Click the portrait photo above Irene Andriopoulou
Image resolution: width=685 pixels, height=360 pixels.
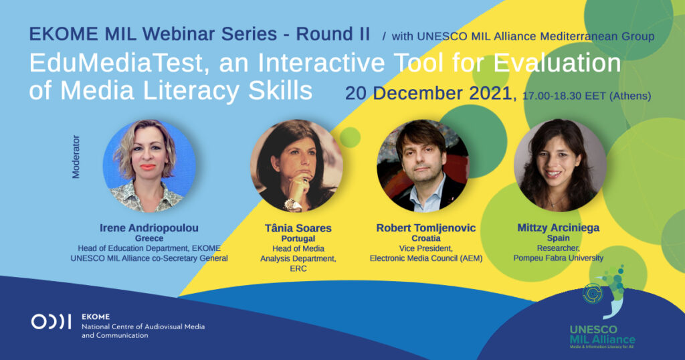pyautogui.click(x=149, y=166)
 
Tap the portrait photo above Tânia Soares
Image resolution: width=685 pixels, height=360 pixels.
pyautogui.click(x=296, y=166)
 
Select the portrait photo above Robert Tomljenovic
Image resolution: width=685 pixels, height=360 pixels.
pyautogui.click(x=423, y=165)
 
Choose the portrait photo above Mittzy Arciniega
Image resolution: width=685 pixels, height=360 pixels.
pyautogui.click(x=560, y=165)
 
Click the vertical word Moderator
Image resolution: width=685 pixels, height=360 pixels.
pyautogui.click(x=76, y=157)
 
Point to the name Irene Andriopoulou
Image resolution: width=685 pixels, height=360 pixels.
pyautogui.click(x=149, y=228)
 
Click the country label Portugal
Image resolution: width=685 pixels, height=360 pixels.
pyautogui.click(x=298, y=238)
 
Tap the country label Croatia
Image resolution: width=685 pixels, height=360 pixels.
pyautogui.click(x=426, y=238)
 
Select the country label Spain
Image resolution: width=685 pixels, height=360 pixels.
pyautogui.click(x=559, y=238)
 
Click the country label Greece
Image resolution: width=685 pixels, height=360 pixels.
pyautogui.click(x=149, y=238)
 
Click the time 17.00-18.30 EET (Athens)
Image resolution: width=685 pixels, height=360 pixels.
pyautogui.click(x=587, y=96)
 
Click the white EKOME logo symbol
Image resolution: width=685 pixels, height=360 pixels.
pyautogui.click(x=51, y=322)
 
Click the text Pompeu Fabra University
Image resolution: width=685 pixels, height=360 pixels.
pyautogui.click(x=559, y=258)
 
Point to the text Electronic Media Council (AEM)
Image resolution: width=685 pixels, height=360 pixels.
pyautogui.click(x=426, y=258)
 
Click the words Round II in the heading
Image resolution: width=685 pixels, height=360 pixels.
pyautogui.click(x=333, y=34)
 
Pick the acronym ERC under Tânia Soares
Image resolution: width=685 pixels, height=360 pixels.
pyautogui.click(x=298, y=268)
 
